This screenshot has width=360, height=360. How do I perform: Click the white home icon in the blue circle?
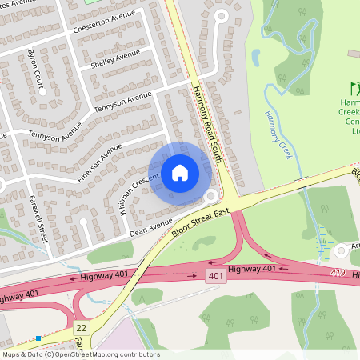click(x=180, y=172)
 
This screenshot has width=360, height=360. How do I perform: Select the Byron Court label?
click(x=37, y=72)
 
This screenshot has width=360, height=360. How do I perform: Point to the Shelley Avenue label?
click(x=115, y=58)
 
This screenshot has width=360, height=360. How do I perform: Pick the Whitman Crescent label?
click(x=134, y=192)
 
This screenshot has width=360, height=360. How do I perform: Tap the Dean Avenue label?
click(x=150, y=229)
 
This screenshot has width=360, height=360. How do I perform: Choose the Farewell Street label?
click(x=38, y=215)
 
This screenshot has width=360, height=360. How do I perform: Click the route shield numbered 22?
click(x=81, y=328)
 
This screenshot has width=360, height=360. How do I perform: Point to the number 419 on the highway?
click(x=340, y=274)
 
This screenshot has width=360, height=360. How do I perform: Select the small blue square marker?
click(x=38, y=338)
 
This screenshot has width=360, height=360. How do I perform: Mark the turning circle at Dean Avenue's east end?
click(x=211, y=196)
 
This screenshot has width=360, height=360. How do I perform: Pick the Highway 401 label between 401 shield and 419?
click(x=255, y=269)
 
